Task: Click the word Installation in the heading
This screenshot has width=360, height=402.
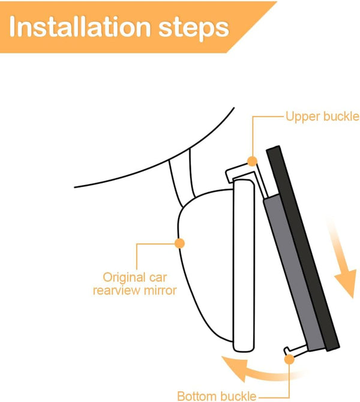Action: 80,26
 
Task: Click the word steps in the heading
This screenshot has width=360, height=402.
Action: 194,29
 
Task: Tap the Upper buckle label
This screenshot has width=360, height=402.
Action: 322,116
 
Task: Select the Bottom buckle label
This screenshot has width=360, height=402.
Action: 217,396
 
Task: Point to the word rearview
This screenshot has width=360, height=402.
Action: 116,290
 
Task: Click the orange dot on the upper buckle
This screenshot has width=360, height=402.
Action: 252,161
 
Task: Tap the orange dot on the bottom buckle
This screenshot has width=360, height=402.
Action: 289,359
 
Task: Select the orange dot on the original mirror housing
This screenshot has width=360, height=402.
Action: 179,243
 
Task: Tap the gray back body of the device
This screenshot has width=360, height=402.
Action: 292,272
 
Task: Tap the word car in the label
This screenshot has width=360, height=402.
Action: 158,278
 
